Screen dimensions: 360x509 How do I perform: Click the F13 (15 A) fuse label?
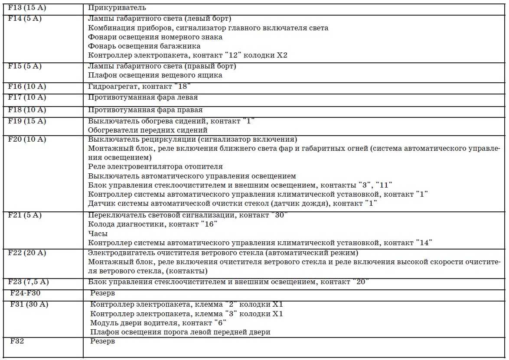tap(26, 8)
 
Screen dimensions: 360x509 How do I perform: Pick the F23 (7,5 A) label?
tap(28, 282)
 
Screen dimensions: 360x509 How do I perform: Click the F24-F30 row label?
tap(26, 293)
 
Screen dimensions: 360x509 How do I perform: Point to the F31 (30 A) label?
tap(29, 304)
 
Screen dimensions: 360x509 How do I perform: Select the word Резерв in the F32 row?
tap(103, 341)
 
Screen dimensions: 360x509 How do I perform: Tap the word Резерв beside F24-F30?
tap(103, 293)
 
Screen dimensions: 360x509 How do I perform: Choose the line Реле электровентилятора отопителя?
tap(155, 166)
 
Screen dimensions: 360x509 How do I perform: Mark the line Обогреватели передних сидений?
tap(147, 130)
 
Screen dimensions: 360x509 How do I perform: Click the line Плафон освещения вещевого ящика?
tap(155, 75)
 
